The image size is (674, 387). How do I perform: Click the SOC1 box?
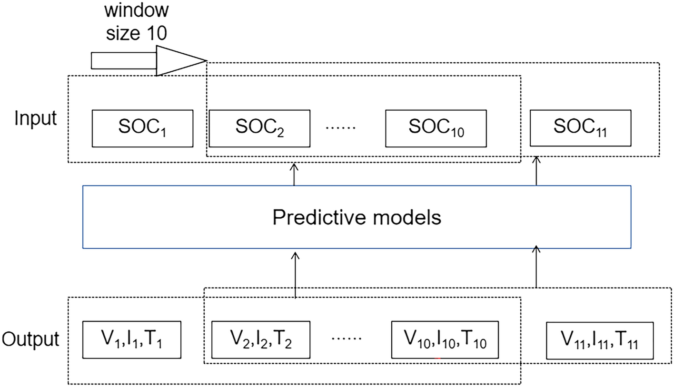point(142,128)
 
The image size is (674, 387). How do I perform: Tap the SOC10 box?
point(436,128)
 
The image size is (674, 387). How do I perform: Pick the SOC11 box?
point(580,128)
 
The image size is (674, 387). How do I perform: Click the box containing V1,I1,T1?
point(132,339)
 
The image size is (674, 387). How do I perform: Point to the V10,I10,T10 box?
point(445,339)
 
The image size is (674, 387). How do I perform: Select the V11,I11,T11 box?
point(599,340)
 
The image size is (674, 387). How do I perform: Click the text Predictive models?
point(357,217)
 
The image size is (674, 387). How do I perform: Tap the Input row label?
point(35,118)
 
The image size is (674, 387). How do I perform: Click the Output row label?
point(30,339)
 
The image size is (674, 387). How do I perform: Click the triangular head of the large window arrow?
point(178,60)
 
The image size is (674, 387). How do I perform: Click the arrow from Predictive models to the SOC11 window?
point(536,171)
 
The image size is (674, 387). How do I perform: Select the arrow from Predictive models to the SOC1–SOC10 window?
point(294,174)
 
